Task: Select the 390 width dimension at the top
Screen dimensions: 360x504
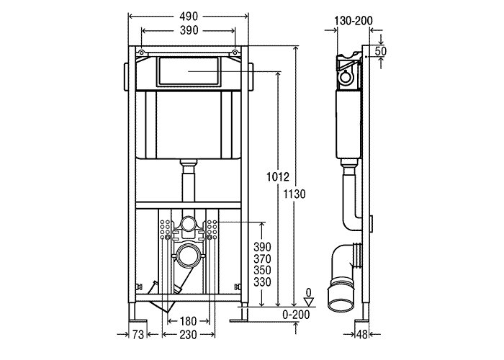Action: click(189, 32)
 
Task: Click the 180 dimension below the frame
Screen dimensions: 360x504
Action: click(189, 320)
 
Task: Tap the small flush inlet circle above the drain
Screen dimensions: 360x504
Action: click(189, 224)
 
